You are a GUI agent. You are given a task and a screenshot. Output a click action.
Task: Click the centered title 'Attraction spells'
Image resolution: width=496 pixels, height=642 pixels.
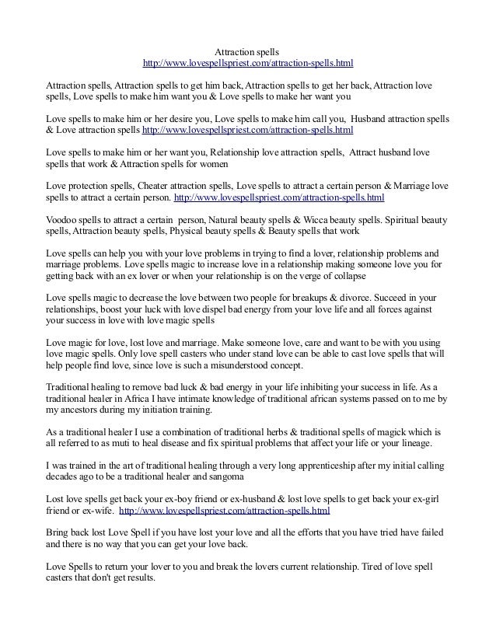point(246,49)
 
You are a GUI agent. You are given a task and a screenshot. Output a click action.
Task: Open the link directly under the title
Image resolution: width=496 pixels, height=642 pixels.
point(246,62)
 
